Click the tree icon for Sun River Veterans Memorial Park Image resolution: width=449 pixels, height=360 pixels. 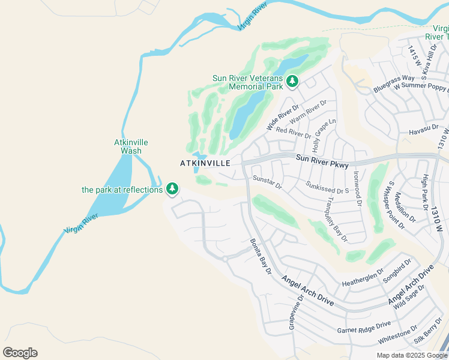point(292,80)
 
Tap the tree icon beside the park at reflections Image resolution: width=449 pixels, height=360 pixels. point(172,189)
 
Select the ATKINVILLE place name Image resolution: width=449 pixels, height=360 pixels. point(205,163)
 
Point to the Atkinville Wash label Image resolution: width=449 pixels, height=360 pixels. point(131,146)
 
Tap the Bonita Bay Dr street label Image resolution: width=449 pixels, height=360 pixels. point(261,257)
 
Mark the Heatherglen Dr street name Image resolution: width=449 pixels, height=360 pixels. point(363,277)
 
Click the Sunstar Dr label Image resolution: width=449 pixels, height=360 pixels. point(267,182)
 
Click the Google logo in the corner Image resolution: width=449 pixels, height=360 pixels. point(20,353)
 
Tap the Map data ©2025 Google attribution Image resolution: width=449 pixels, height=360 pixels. point(411,355)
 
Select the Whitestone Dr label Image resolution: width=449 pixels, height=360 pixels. point(397,335)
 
